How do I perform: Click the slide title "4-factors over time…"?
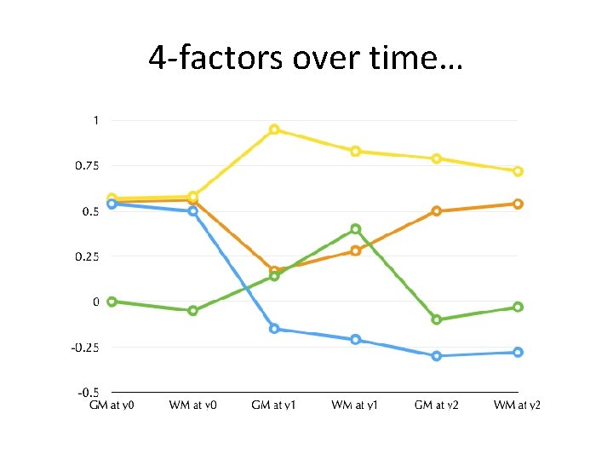pos(306,58)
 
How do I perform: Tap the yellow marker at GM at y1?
pos(274,129)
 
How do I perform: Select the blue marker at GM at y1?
pos(274,328)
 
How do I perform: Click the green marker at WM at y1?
pos(356,229)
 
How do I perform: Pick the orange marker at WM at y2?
pos(518,204)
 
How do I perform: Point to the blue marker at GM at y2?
pos(437,355)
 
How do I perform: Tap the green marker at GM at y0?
pos(112,302)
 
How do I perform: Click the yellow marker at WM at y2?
pos(518,171)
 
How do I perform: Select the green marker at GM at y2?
pos(437,319)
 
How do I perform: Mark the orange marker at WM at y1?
pos(356,250)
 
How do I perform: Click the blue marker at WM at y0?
pos(193,210)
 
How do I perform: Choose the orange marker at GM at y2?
pos(437,210)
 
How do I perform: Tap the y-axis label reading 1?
pos(95,120)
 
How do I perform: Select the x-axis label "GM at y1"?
pos(274,405)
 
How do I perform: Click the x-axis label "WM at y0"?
pos(193,405)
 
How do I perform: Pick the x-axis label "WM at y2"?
pos(518,405)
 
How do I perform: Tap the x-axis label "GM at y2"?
pos(437,405)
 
